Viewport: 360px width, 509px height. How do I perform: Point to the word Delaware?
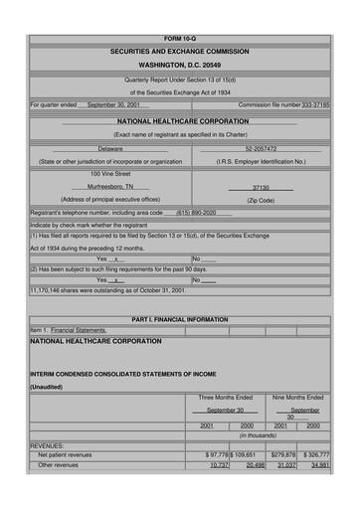[x=110, y=148]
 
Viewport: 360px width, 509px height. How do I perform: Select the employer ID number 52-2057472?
[x=261, y=148]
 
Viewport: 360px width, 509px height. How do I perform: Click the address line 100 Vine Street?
[x=110, y=173]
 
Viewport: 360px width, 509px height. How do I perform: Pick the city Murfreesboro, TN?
[x=110, y=186]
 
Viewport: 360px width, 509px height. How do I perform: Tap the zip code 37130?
[x=261, y=186]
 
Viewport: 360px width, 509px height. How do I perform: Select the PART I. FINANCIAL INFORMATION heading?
[x=179, y=319]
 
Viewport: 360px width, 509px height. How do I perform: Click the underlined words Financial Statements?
[x=79, y=329]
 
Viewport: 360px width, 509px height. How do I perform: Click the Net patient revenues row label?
[x=65, y=454]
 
